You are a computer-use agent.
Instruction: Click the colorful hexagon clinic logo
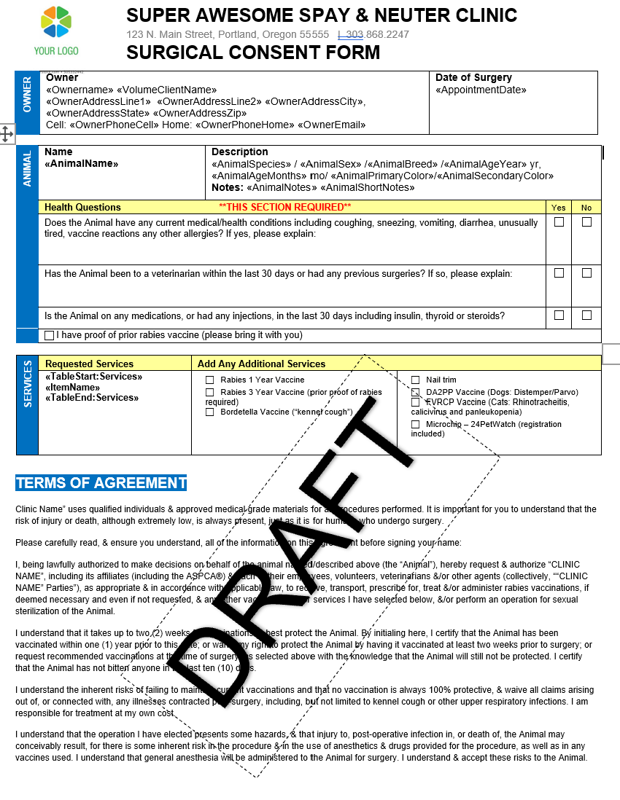(x=56, y=22)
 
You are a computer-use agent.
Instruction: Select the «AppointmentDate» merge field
(x=481, y=90)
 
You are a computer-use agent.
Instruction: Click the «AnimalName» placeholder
(x=82, y=164)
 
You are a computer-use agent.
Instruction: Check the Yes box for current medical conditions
(x=559, y=222)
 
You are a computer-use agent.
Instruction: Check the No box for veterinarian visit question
(x=586, y=273)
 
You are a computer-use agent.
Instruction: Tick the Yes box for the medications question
(x=559, y=315)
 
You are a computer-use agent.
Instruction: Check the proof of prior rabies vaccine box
(x=50, y=336)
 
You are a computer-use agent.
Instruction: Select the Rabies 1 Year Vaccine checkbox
(x=210, y=380)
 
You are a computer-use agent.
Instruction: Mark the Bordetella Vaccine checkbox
(x=210, y=412)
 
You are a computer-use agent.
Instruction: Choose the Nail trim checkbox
(x=416, y=380)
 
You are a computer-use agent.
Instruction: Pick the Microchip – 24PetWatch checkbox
(x=416, y=424)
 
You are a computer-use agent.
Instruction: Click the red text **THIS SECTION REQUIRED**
(x=285, y=208)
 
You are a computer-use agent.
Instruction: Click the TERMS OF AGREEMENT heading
(x=101, y=483)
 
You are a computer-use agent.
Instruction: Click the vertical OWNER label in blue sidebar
(x=27, y=103)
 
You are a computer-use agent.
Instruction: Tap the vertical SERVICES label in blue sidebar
(x=27, y=384)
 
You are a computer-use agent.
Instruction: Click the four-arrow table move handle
(x=6, y=133)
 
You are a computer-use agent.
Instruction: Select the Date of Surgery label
(x=473, y=78)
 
